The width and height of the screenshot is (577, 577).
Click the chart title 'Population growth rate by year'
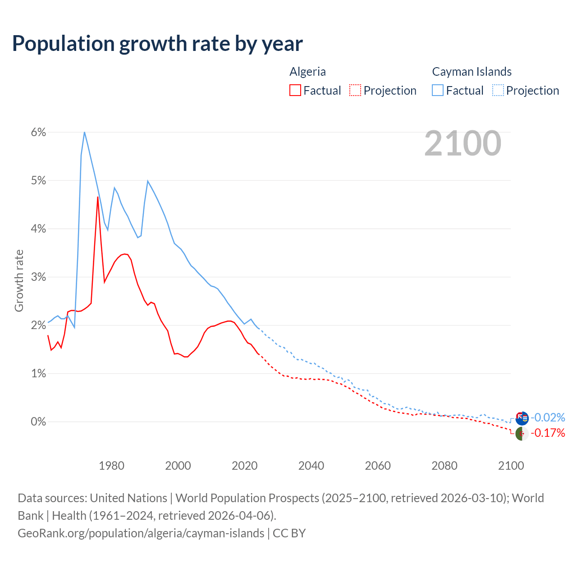[x=157, y=44]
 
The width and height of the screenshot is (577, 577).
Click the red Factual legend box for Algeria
[x=295, y=90]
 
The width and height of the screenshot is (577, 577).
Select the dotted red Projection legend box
[x=355, y=90]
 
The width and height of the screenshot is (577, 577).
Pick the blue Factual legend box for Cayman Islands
[x=438, y=90]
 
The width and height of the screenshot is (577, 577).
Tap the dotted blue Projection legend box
[x=498, y=90]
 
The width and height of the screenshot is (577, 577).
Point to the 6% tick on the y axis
[x=38, y=132]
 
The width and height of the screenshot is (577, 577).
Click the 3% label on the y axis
[x=38, y=277]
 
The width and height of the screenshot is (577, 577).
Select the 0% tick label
[x=38, y=421]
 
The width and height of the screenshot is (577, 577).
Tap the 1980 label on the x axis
[x=111, y=466]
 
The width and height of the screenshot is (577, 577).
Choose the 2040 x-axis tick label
[x=311, y=466]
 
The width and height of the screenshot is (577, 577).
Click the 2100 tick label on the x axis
[x=511, y=466]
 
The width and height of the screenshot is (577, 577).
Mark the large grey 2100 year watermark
[x=463, y=143]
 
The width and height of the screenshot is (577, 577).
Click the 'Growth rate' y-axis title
[x=19, y=280]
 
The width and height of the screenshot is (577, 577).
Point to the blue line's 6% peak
[x=84, y=132]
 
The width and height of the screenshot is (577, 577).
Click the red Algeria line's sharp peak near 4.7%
[x=97, y=197]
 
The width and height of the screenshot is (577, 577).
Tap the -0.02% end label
[x=548, y=417]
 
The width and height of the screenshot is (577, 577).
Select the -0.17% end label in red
[x=548, y=433]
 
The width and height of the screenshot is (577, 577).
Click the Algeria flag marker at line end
[x=522, y=434]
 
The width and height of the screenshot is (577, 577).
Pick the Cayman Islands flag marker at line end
[x=522, y=418]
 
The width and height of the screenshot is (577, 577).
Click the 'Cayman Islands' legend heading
[x=472, y=72]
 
